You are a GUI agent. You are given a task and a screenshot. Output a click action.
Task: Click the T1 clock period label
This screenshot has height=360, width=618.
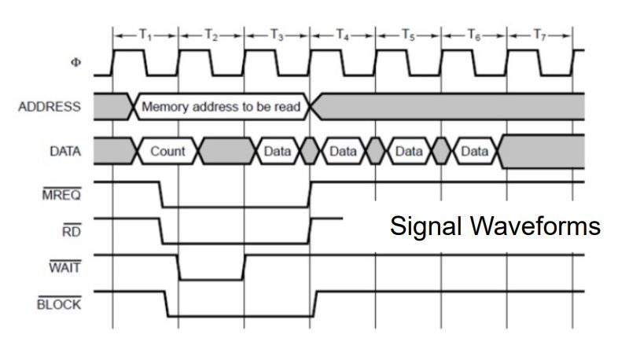[145, 35]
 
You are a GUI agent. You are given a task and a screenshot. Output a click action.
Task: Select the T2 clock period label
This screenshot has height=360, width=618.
[211, 35]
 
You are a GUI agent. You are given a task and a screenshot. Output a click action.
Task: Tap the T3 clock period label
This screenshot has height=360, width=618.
[277, 35]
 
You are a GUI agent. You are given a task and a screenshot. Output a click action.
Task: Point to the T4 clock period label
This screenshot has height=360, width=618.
[343, 35]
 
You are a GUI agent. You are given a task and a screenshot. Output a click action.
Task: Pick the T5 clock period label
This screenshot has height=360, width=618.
[408, 35]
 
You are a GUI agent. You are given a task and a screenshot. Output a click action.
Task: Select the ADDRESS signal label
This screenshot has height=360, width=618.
[49, 107]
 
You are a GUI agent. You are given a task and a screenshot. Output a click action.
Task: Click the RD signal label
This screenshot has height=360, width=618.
[71, 232]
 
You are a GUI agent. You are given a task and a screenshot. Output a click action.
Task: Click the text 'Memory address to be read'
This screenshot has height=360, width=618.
[220, 107]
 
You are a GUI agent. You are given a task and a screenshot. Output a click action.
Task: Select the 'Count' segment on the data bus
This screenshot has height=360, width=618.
[167, 151]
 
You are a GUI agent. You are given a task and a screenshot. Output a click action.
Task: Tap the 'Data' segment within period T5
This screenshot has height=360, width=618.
[408, 151]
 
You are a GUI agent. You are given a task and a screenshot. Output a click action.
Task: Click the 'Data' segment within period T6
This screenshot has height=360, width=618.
[474, 151]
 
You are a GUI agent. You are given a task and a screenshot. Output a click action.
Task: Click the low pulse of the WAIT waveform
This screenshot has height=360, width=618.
[211, 278]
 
